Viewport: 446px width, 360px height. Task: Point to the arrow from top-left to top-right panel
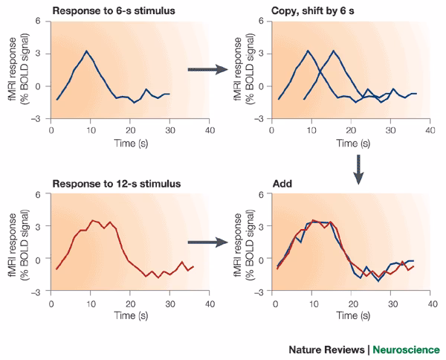[207, 69]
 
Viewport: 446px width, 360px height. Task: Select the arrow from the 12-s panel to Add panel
[207, 242]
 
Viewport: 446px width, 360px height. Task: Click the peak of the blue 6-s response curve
[87, 51]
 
